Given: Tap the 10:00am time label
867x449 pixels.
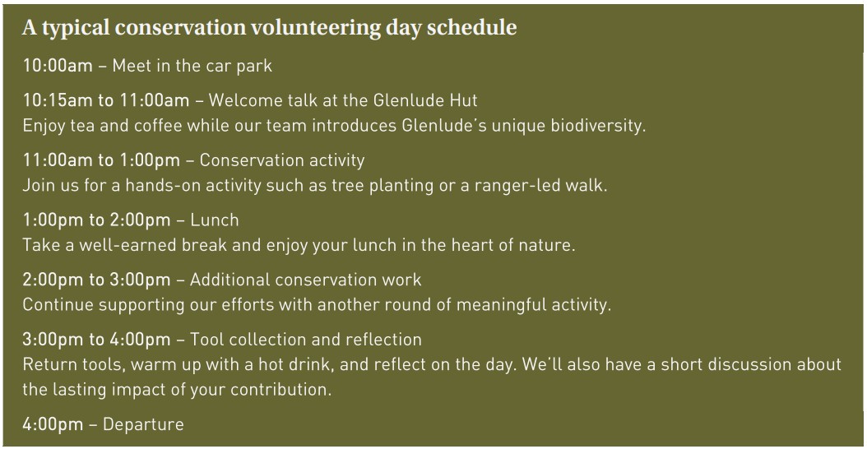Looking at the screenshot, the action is (x=58, y=66).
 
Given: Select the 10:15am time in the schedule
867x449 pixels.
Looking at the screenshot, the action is (x=58, y=100).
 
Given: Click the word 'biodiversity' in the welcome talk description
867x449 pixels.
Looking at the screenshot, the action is (x=597, y=126).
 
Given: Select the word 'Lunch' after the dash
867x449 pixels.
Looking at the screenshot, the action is (x=215, y=220).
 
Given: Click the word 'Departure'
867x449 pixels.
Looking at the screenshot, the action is (x=144, y=424).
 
